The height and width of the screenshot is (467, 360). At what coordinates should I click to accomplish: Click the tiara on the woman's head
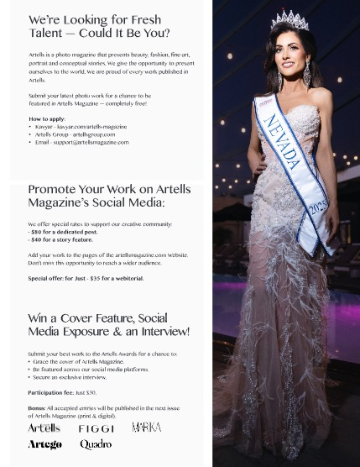point(289,19)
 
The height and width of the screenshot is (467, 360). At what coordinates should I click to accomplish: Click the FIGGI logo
point(96,428)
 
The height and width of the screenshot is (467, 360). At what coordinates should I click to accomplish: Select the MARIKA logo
point(147,428)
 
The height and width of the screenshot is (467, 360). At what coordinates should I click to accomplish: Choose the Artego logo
point(44,444)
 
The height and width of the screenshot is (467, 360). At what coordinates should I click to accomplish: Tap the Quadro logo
point(96,444)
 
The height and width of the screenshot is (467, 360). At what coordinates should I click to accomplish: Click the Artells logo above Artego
point(44,428)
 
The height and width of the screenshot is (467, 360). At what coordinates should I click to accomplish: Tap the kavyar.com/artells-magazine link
point(92,127)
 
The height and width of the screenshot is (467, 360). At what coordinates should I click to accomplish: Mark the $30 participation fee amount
point(91,392)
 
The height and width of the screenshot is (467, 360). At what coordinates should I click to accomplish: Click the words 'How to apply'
point(46,118)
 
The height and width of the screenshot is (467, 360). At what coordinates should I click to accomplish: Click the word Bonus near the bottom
point(37,407)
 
